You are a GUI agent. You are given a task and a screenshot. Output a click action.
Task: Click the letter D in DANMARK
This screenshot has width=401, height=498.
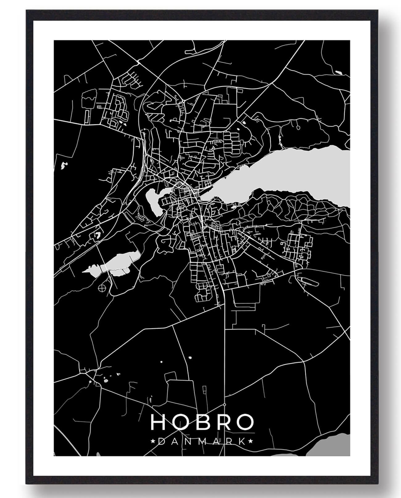[161, 442]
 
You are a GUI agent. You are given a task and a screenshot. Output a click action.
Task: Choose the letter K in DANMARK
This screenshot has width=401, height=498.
[243, 442]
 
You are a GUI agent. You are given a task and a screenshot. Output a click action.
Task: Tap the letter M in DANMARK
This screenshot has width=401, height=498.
[201, 442]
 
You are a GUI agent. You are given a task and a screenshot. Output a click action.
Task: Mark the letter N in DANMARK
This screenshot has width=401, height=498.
[188, 442]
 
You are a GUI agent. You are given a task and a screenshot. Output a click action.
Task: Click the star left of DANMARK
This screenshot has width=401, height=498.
[153, 442]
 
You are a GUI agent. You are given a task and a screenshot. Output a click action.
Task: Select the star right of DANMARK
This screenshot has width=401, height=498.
[251, 442]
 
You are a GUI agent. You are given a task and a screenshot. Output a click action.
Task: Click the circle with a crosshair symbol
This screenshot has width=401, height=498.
[102, 288]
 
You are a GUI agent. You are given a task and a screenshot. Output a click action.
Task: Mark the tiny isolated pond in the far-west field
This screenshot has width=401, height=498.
[64, 166]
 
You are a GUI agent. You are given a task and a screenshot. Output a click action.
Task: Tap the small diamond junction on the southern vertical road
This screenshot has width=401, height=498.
[225, 404]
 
